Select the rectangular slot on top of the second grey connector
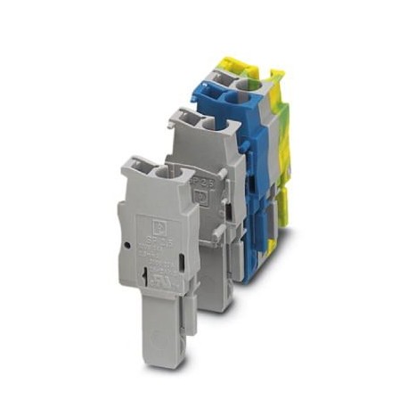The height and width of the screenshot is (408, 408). click(182, 114)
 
